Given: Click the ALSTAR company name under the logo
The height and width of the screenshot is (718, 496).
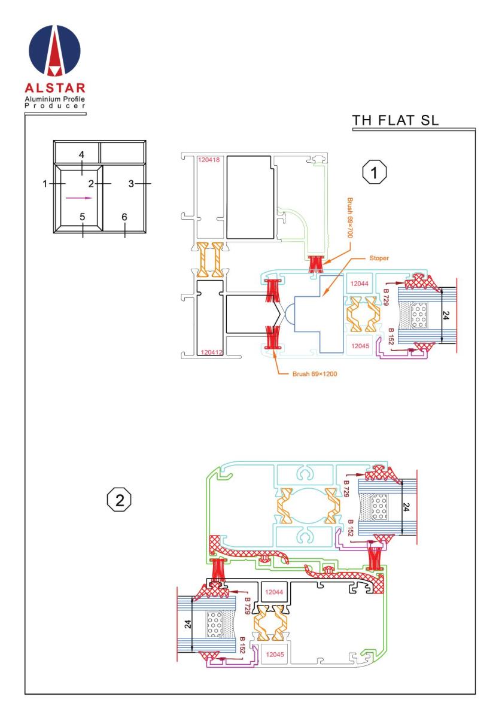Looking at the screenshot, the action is coord(55,88).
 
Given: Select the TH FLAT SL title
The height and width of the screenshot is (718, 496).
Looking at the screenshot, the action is coord(395,120).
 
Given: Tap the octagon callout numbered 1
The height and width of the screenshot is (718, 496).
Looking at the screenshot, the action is coord(374,172).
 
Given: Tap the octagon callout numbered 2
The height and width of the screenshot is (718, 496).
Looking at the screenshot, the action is coord(119,500).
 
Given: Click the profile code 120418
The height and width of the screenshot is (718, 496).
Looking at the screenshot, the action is coord(209,160).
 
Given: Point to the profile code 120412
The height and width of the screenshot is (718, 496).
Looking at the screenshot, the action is coord(211,352).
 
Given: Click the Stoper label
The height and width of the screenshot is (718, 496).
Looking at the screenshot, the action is coord(379,258).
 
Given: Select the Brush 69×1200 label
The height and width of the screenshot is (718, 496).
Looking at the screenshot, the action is coord(315,374).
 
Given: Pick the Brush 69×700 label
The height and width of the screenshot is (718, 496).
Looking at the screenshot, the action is coord(350,218).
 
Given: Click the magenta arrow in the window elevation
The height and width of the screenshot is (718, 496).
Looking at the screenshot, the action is coord(79,198).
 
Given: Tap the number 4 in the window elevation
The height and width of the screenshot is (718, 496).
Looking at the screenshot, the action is coord(81,155).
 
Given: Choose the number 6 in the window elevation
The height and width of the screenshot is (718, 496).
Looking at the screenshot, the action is coord(124,217).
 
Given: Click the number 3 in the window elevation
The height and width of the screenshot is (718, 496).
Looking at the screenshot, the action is coord(131,184).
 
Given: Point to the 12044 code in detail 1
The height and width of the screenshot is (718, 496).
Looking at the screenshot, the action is coord(359,284).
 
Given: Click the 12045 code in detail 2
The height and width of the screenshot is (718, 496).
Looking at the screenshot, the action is coord(275,654).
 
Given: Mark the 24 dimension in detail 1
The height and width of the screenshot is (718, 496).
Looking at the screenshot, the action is coord(445,315).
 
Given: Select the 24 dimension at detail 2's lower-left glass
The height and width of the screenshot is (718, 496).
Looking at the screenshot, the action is coord(188,623).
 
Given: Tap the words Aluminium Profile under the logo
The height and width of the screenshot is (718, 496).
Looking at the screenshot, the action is coord(55,99).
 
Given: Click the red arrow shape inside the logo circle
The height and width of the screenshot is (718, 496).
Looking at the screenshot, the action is coord(54,51).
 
